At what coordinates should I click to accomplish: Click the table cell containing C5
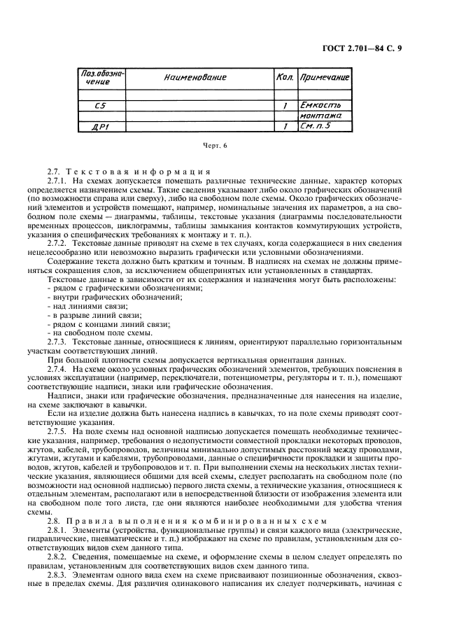(100, 106)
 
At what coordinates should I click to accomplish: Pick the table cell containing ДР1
(100, 127)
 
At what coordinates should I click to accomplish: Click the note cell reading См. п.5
(319, 127)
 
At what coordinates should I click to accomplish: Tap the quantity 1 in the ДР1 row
(283, 127)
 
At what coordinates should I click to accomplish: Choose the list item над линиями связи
(87, 305)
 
